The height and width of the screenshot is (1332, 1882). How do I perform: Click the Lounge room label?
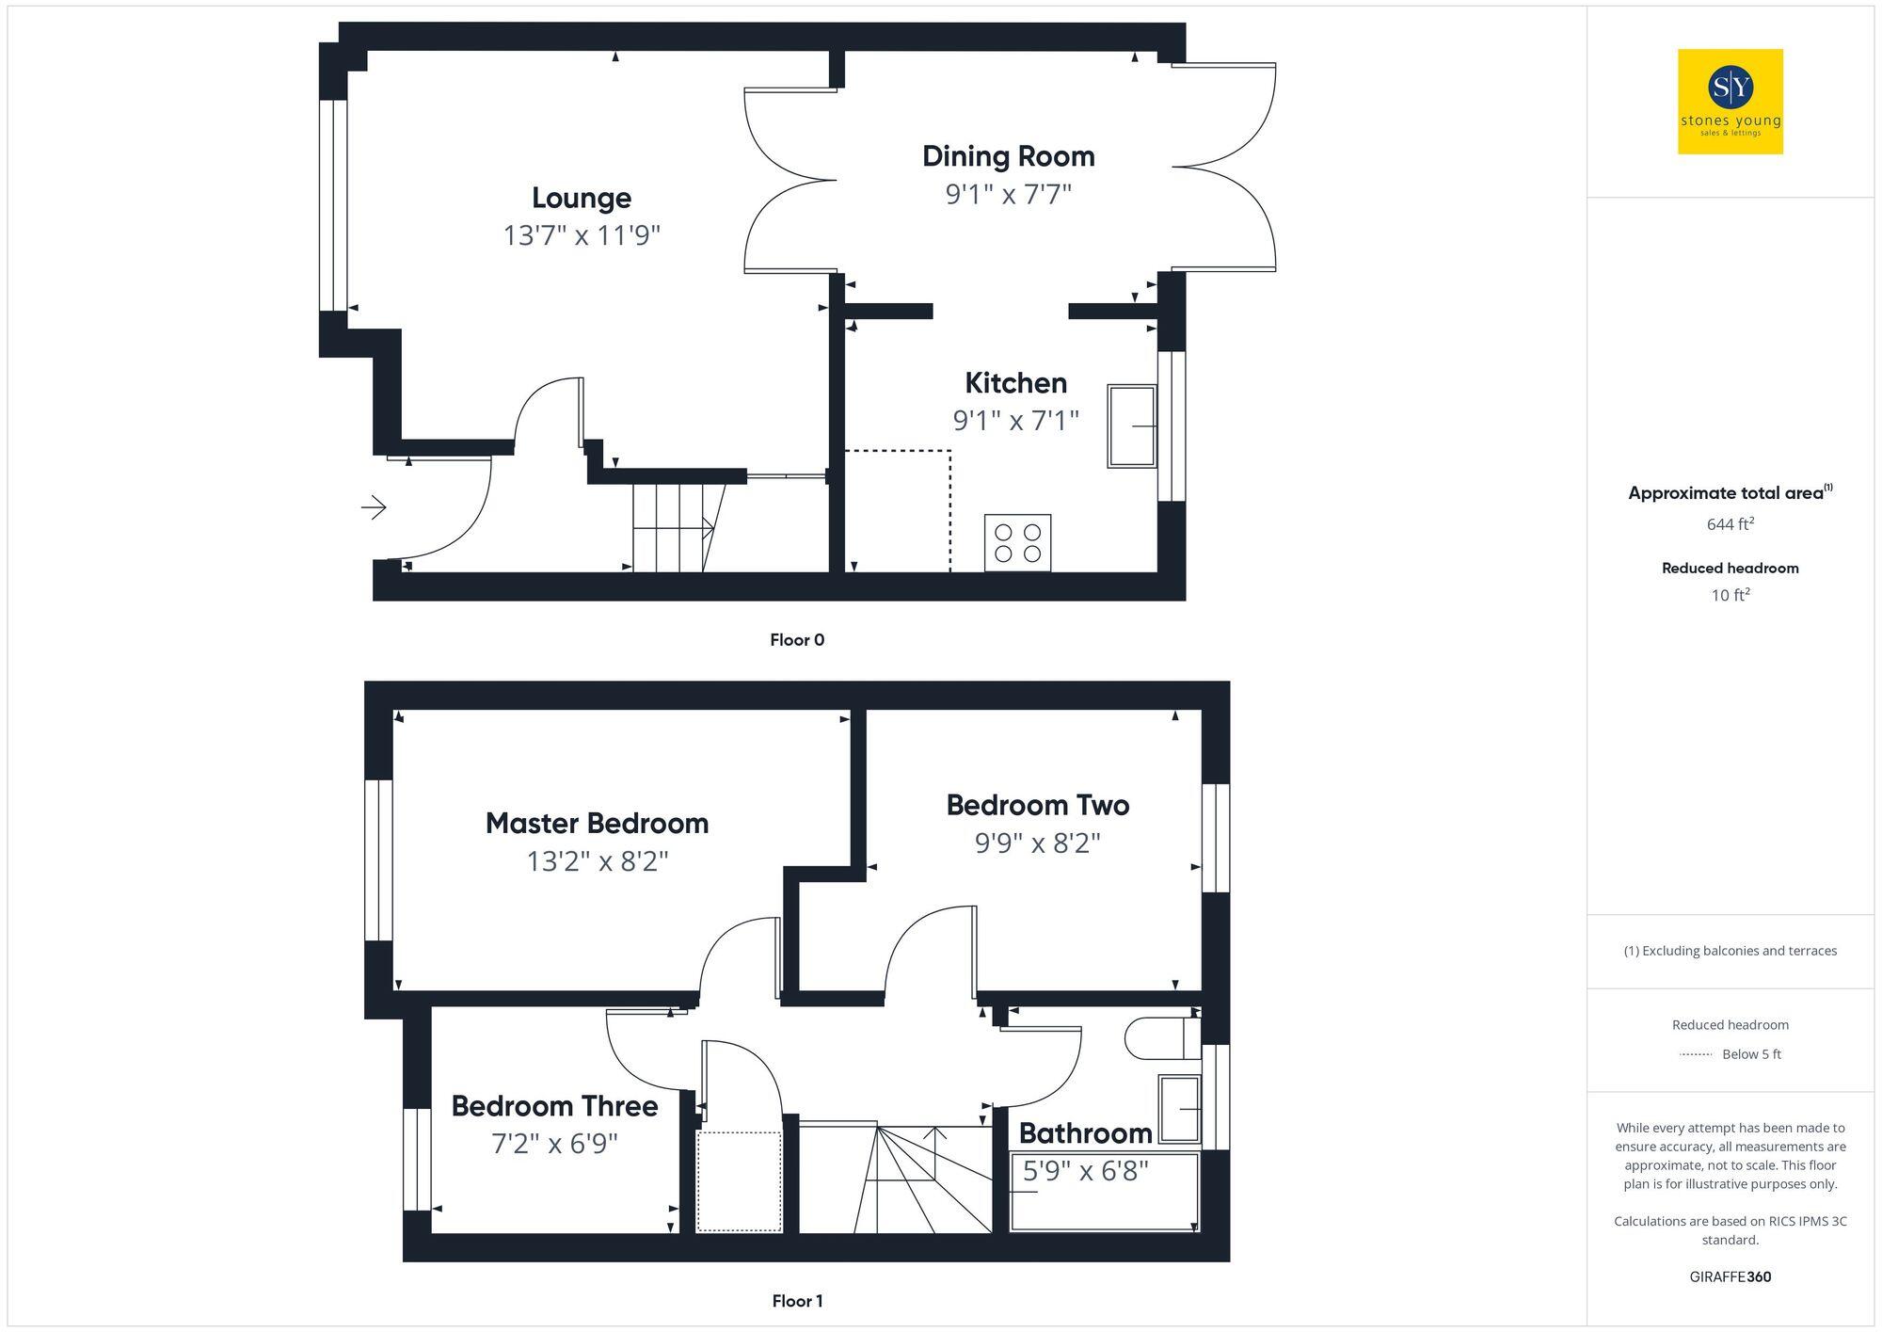[581, 198]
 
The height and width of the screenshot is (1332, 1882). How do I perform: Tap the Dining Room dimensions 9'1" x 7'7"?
[1008, 194]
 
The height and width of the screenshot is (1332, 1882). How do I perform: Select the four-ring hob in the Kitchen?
[1017, 542]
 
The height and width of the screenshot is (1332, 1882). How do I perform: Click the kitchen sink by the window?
[1132, 425]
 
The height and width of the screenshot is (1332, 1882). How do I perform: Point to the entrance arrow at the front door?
[374, 508]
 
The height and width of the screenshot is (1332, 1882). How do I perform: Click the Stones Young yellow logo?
[1730, 102]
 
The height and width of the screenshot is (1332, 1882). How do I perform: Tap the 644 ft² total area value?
[1730, 524]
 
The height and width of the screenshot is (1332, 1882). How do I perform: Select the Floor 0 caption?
[796, 640]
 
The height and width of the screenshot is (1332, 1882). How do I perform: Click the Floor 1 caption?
[796, 1301]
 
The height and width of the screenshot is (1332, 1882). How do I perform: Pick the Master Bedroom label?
[597, 824]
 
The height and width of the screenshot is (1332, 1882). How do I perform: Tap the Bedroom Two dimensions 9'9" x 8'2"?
[1037, 843]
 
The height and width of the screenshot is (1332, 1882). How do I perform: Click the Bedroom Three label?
[554, 1106]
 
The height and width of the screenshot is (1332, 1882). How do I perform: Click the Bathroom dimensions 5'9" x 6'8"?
[1085, 1171]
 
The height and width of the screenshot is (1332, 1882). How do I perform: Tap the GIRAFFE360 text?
[1730, 1277]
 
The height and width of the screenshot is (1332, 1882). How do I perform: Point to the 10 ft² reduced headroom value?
[1730, 595]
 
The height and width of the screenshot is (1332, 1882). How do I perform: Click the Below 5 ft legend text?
[1750, 1054]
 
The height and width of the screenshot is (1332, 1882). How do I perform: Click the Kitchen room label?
[1015, 383]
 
